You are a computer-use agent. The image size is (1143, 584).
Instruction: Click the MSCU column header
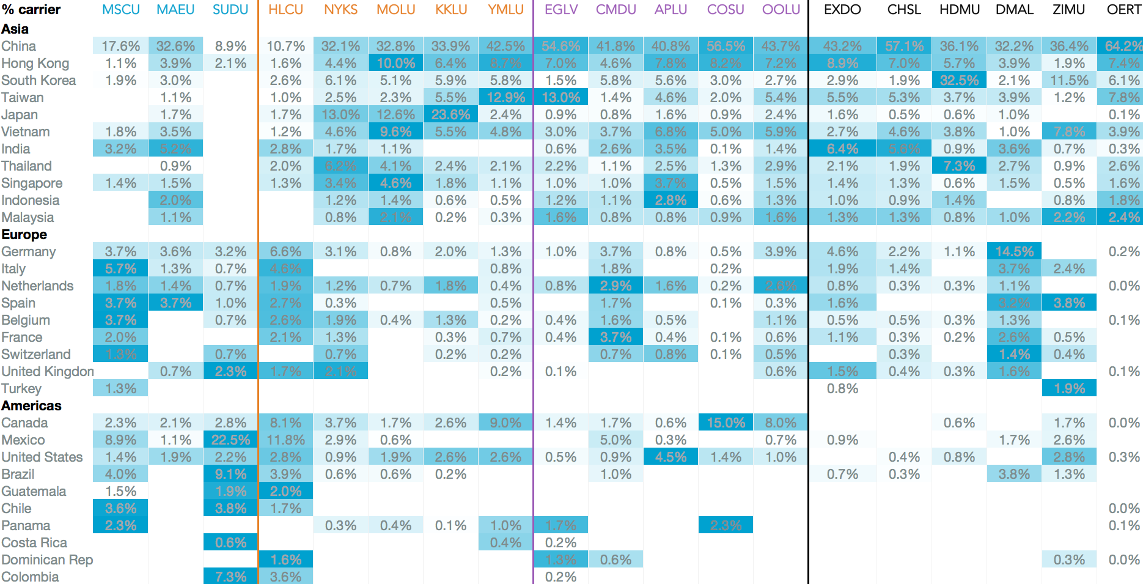120,10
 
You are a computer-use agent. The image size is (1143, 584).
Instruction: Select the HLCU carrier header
285,10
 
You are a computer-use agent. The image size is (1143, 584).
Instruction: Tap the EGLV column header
560,10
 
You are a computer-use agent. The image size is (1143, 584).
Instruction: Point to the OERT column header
1123,10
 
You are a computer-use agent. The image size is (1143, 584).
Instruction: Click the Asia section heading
15,29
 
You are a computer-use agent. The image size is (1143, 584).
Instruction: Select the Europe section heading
24,234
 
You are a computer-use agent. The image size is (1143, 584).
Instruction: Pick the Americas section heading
31,405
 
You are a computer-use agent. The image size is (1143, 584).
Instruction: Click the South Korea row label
39,80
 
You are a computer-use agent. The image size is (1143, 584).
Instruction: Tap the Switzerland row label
36,354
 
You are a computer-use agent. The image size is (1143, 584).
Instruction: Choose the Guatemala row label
34,491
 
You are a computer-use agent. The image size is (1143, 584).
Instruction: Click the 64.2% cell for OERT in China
1123,46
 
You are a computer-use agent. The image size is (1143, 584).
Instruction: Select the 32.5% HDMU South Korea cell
959,80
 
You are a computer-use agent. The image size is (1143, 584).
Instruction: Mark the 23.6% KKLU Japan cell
450,114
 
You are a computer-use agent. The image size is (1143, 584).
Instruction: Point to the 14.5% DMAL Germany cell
1014,251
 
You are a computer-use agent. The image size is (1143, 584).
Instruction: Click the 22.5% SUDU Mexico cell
230,440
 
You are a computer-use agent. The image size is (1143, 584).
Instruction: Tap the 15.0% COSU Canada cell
726,423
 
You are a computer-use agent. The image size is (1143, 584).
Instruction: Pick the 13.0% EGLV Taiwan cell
560,97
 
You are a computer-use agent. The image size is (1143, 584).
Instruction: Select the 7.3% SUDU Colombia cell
230,577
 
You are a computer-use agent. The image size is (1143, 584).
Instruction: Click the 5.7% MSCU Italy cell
120,268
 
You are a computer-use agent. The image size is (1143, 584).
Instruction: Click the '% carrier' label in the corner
31,10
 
